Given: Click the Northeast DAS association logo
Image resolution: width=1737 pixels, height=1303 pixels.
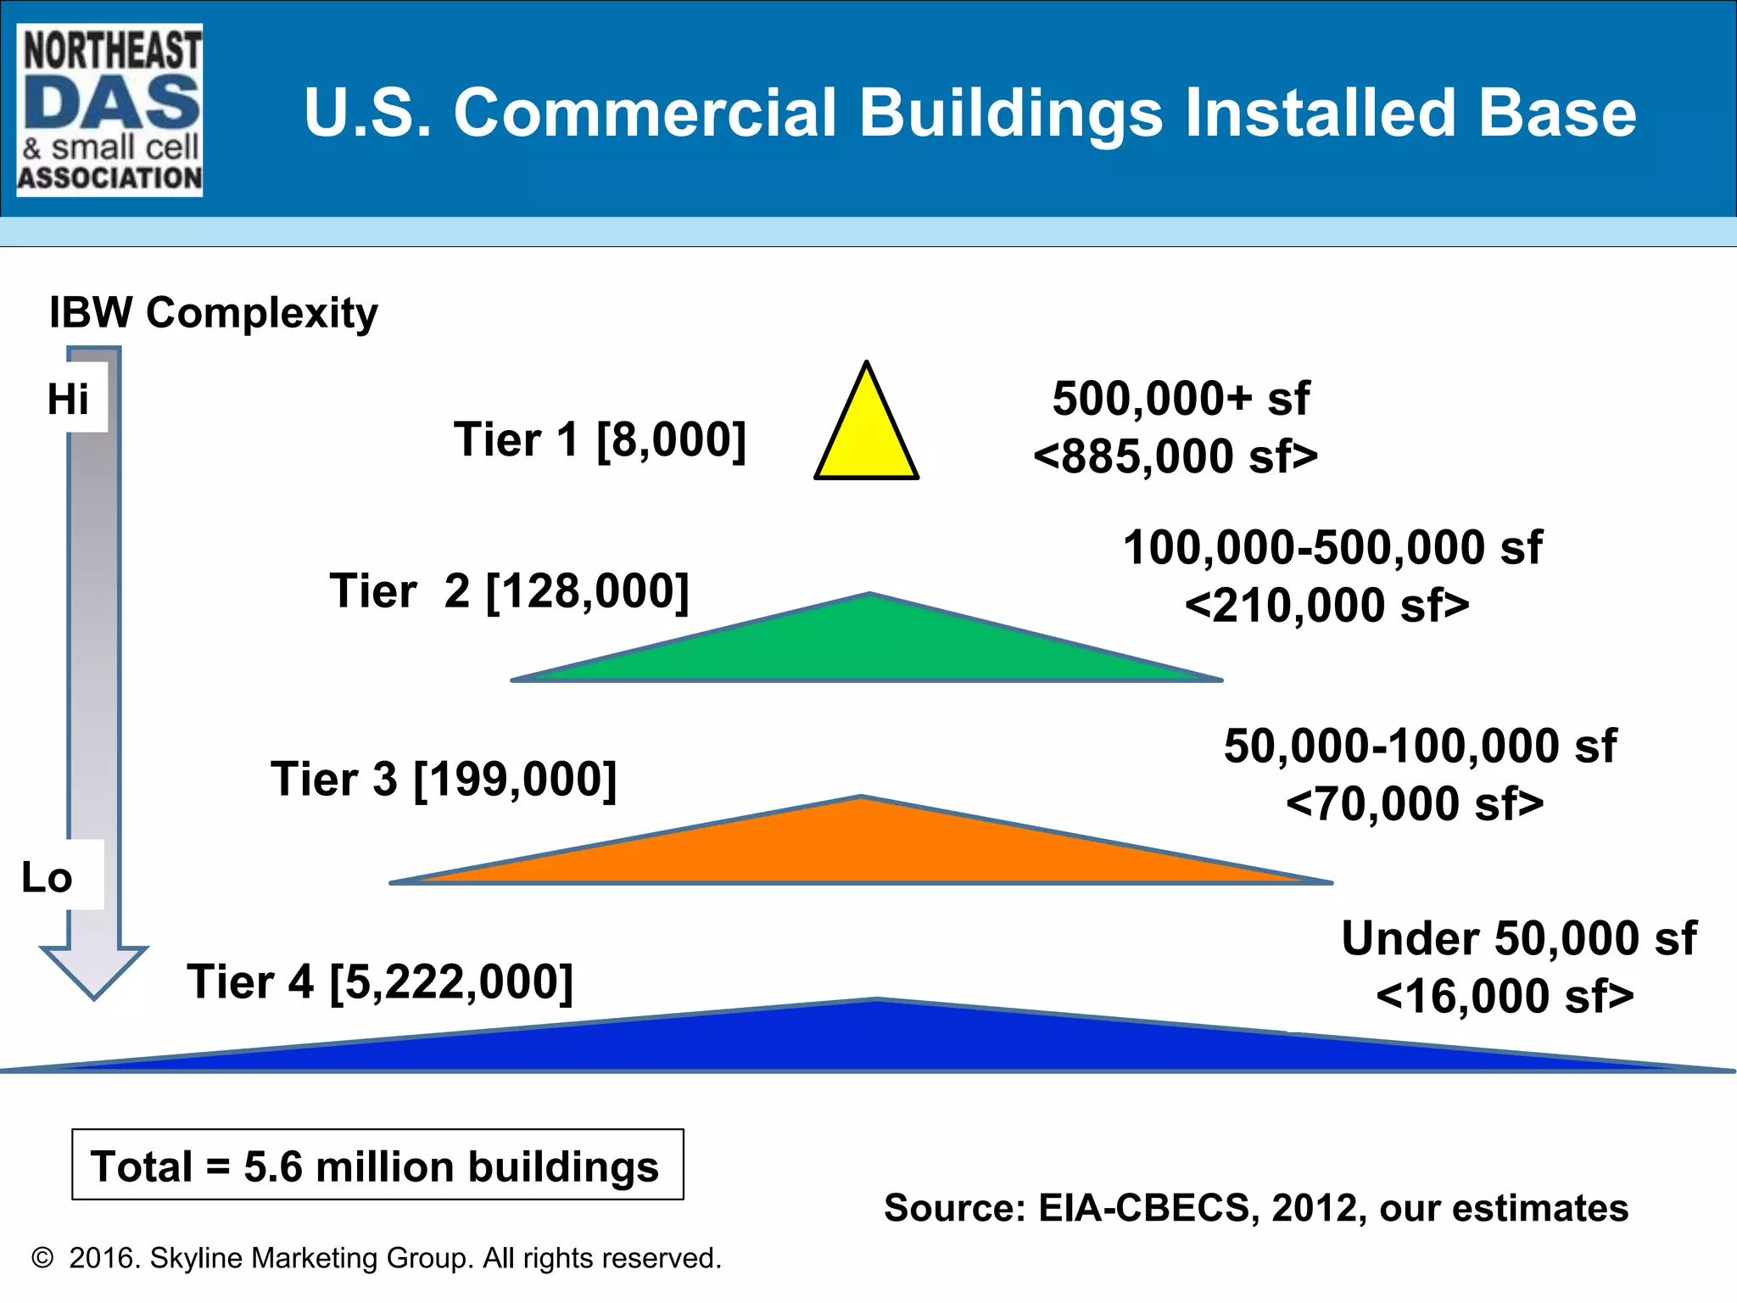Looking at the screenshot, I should click(x=110, y=110).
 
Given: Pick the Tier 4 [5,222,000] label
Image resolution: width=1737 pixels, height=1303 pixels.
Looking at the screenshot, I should click(x=380, y=982).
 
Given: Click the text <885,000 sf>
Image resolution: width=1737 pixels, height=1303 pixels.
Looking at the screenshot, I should click(x=1176, y=456).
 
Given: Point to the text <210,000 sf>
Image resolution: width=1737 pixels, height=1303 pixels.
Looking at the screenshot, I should click(x=1327, y=606).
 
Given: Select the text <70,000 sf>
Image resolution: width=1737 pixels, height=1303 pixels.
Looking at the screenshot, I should click(x=1415, y=803).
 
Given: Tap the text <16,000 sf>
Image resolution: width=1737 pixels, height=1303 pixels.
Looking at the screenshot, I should click(x=1505, y=996).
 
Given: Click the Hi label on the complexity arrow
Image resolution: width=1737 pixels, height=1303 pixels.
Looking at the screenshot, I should click(x=68, y=399).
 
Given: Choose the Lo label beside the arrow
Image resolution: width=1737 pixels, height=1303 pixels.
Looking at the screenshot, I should click(x=47, y=877).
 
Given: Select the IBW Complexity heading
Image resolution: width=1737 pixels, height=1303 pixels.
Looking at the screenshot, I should click(x=213, y=313).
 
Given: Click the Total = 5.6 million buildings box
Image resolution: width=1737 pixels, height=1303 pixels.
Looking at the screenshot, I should click(x=377, y=1165).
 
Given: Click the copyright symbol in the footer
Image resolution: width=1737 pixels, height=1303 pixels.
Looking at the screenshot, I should click(x=42, y=1258).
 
